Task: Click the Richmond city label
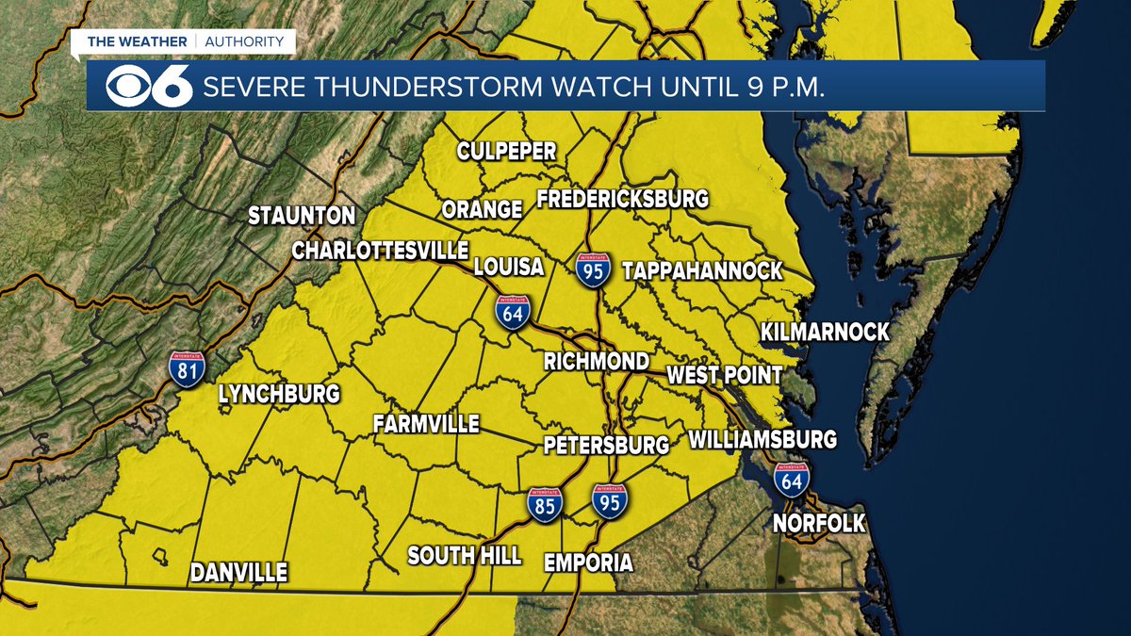tap(597, 362)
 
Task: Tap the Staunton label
tap(302, 216)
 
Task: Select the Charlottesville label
tap(380, 251)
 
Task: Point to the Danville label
tap(238, 573)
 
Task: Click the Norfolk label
tap(819, 524)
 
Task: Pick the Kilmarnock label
tap(825, 332)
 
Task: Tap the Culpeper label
tap(506, 152)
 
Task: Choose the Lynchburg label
tap(279, 395)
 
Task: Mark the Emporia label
tap(589, 563)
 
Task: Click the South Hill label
tap(464, 556)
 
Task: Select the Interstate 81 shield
tap(188, 368)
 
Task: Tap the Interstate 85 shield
tap(545, 505)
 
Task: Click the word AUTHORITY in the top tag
tap(244, 41)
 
